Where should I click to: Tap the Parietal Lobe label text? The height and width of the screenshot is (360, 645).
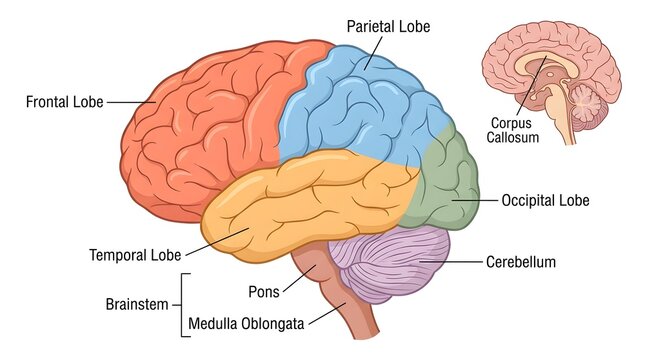(x=388, y=27)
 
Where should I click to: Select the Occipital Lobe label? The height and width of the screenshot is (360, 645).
(x=545, y=201)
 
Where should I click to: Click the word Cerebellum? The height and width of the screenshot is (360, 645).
(x=520, y=262)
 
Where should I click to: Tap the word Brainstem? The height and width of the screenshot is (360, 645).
(x=139, y=301)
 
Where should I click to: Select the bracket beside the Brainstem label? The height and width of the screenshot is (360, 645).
(x=182, y=301)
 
